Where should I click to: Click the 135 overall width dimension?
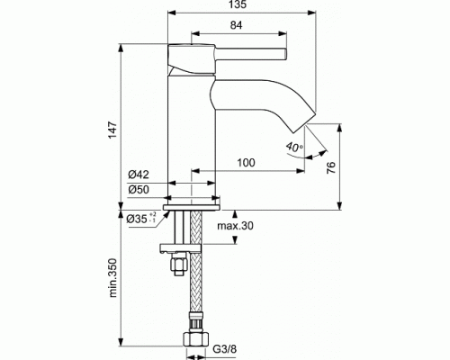coord(238,4)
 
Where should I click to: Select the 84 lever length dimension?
coord(237,25)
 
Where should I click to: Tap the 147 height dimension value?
coord(112,130)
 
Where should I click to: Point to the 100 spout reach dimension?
coord(246,163)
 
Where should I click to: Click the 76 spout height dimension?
coord(330,167)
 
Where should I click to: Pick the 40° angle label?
coord(294,147)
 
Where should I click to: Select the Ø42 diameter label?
coord(139,175)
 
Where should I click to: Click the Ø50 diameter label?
coord(139,189)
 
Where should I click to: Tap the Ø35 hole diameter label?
coord(141,218)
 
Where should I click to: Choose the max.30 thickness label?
coord(235,225)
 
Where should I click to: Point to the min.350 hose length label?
coord(112,277)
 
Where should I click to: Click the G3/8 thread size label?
coord(225,349)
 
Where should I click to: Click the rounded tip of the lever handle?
coord(285,54)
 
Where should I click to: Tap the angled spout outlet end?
coord(305,122)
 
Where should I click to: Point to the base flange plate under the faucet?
coord(192,207)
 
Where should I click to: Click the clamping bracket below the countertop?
coord(180,248)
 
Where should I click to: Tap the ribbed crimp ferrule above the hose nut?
coord(195,322)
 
